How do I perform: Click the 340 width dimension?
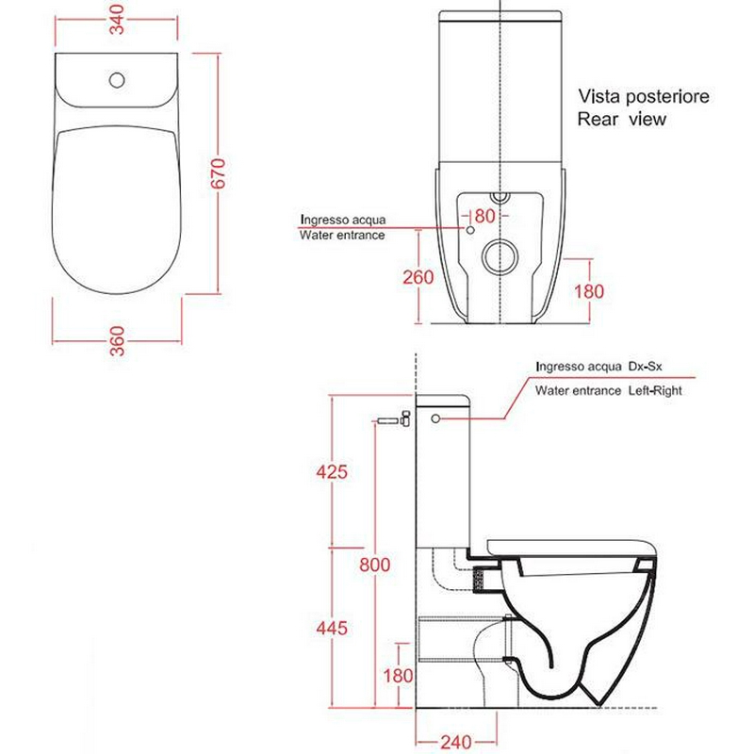tap(117, 19)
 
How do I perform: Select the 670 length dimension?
tap(218, 173)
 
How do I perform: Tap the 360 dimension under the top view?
tap(117, 341)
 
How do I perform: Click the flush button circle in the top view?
tap(117, 80)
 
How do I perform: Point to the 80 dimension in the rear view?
tap(484, 216)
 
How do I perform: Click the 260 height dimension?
tap(418, 277)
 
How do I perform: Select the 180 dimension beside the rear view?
tap(589, 291)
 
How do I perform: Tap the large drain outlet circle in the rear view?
tap(500, 256)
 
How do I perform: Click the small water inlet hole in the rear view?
tap(470, 230)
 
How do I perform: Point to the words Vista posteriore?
tap(644, 96)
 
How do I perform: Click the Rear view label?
tap(621, 119)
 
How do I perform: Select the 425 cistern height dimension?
tap(332, 471)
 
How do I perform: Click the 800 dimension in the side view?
tap(374, 564)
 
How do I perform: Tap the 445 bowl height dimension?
tap(332, 628)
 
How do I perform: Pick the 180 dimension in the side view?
tap(398, 676)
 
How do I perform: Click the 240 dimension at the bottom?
tap(456, 742)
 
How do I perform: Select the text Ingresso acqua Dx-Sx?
tap(598, 367)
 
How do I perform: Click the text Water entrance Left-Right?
tap(608, 390)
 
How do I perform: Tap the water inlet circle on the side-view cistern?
tap(435, 418)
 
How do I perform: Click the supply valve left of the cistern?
tap(394, 418)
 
